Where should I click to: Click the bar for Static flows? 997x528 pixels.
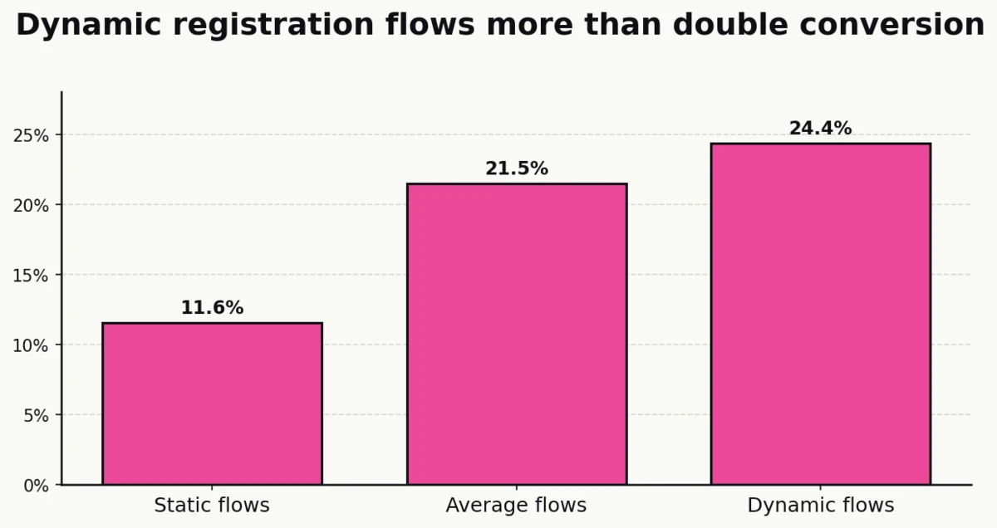coord(212,403)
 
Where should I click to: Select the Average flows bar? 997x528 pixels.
coord(516,334)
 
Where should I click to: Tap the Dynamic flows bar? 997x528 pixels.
coord(820,314)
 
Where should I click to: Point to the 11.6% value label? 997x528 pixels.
coord(212,308)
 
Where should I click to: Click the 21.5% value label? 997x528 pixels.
coord(516,169)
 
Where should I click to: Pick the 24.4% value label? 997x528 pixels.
coord(820,129)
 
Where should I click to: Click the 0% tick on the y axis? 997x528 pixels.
coord(36,485)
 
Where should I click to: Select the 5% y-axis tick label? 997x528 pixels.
coord(36,415)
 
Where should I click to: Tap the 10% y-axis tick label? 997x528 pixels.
coord(31,345)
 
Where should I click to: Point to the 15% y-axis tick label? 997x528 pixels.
coord(31,275)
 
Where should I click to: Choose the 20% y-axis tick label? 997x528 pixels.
coord(31,205)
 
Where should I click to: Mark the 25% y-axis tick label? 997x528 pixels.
coord(31,135)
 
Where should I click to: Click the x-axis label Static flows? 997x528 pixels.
coord(212,506)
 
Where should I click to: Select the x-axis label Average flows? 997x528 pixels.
coord(516,506)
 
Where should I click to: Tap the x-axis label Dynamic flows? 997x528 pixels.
coord(820,506)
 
